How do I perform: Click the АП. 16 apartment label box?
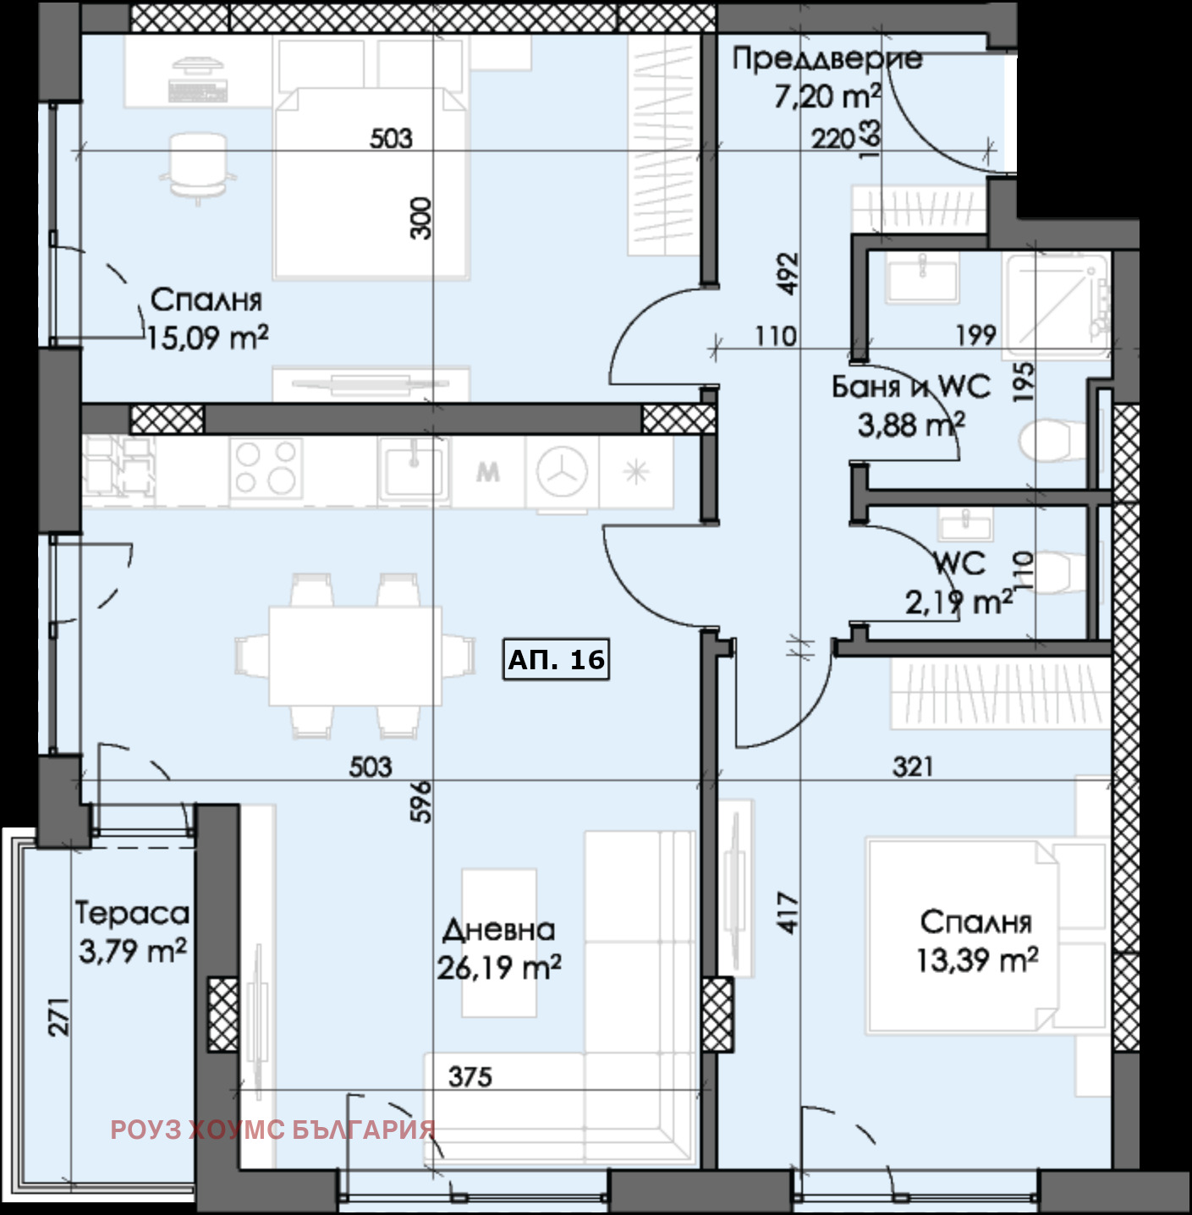(x=556, y=659)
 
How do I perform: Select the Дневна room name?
(x=498, y=930)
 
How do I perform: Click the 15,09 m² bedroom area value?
(x=207, y=338)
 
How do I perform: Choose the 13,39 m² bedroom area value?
(x=977, y=960)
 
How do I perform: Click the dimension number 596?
(x=424, y=802)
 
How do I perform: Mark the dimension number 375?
(x=470, y=1077)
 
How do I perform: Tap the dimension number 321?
(x=913, y=767)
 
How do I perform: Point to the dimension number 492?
(x=788, y=274)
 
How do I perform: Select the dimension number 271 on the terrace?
(x=59, y=1017)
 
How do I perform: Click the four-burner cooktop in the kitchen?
(x=266, y=468)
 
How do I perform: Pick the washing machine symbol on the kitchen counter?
(x=562, y=471)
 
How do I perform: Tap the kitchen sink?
(x=414, y=469)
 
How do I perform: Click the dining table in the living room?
(x=355, y=656)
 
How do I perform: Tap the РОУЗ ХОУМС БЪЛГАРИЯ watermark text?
(x=273, y=1130)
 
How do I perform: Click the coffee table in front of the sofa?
(x=499, y=943)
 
